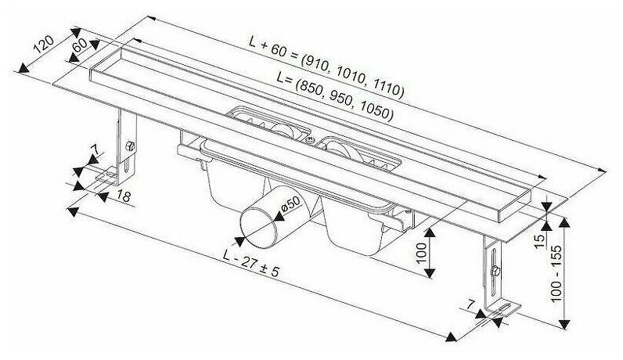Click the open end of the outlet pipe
click(x=256, y=224)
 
